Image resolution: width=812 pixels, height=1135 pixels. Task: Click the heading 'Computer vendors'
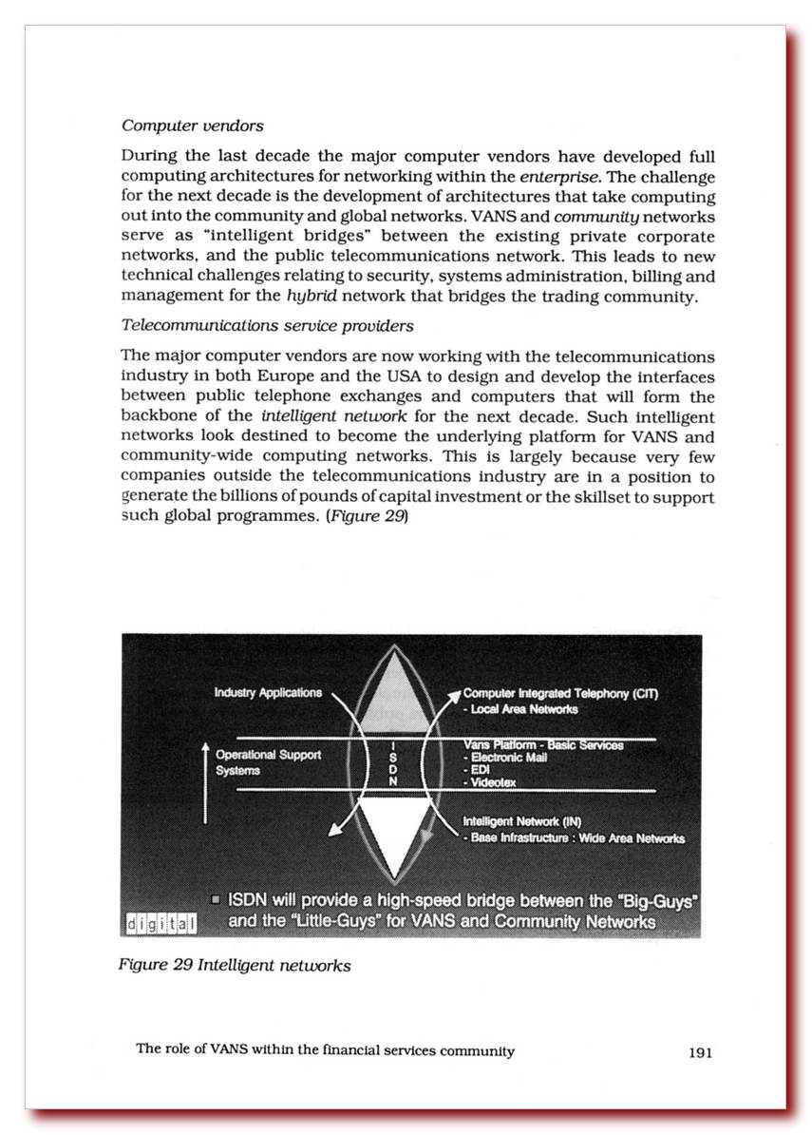pyautogui.click(x=193, y=125)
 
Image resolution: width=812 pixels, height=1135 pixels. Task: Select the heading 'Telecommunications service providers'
pyautogui.click(x=267, y=326)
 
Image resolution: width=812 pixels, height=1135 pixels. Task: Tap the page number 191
pyautogui.click(x=700, y=1051)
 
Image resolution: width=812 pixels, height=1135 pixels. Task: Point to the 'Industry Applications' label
pyautogui.click(x=268, y=693)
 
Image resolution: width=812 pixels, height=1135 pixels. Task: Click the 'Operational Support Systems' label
pyautogui.click(x=268, y=762)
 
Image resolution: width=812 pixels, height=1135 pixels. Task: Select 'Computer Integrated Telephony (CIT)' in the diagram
pyautogui.click(x=560, y=694)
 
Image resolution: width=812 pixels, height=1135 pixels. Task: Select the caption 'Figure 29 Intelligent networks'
pyautogui.click(x=235, y=966)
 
